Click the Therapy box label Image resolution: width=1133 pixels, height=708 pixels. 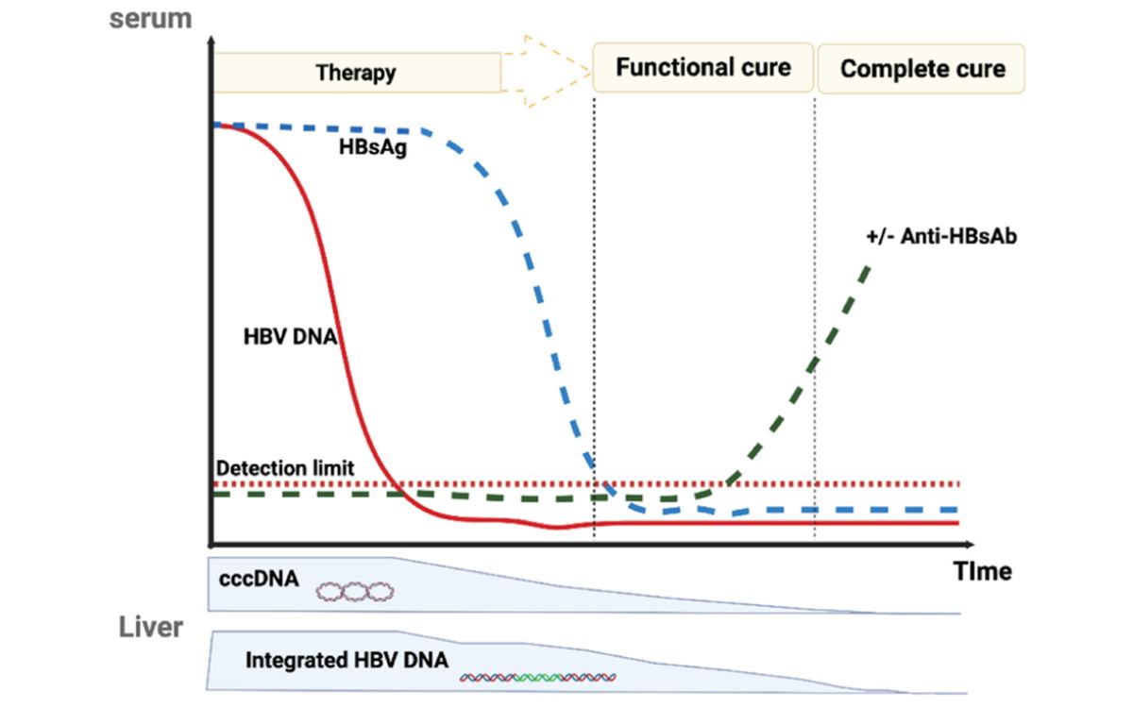(x=356, y=73)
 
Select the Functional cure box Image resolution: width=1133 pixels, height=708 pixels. (x=703, y=68)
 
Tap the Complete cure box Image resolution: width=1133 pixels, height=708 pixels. (x=922, y=69)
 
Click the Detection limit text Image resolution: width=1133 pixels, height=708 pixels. (x=285, y=468)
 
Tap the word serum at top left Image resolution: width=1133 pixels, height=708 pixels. (x=151, y=19)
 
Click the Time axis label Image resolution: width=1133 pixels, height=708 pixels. (x=982, y=571)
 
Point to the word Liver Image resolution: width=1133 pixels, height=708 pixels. (x=151, y=628)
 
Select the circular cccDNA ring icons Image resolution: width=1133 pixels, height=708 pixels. (x=354, y=592)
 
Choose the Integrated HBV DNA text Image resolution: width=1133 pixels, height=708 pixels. (x=347, y=659)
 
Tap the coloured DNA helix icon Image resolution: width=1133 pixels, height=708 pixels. (x=538, y=676)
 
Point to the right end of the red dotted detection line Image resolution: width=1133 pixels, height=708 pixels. (x=957, y=483)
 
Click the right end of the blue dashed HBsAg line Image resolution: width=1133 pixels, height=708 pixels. (x=957, y=510)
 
